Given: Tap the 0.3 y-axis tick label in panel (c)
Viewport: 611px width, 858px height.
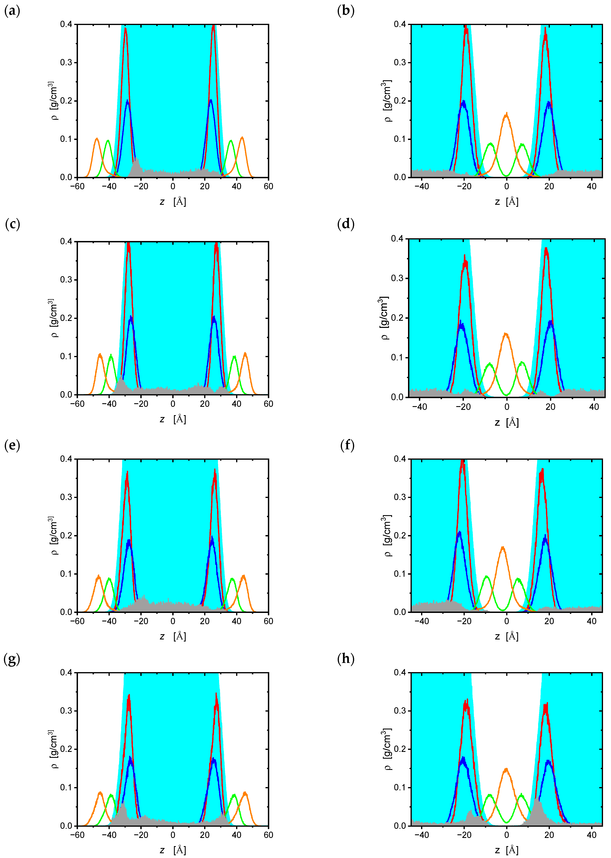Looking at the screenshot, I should click(x=66, y=280).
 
